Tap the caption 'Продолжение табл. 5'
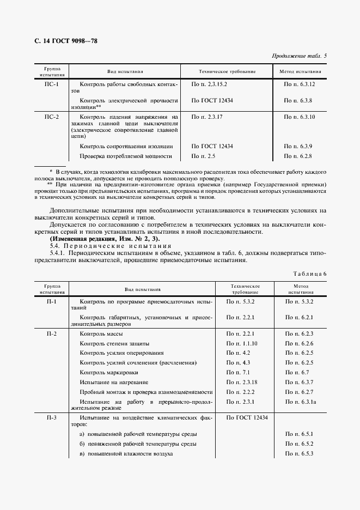(x=299, y=56)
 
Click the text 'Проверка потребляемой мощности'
(x=126, y=156)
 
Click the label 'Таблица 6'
(x=309, y=274)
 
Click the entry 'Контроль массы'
(x=101, y=333)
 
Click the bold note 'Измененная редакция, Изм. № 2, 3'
(x=97, y=239)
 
